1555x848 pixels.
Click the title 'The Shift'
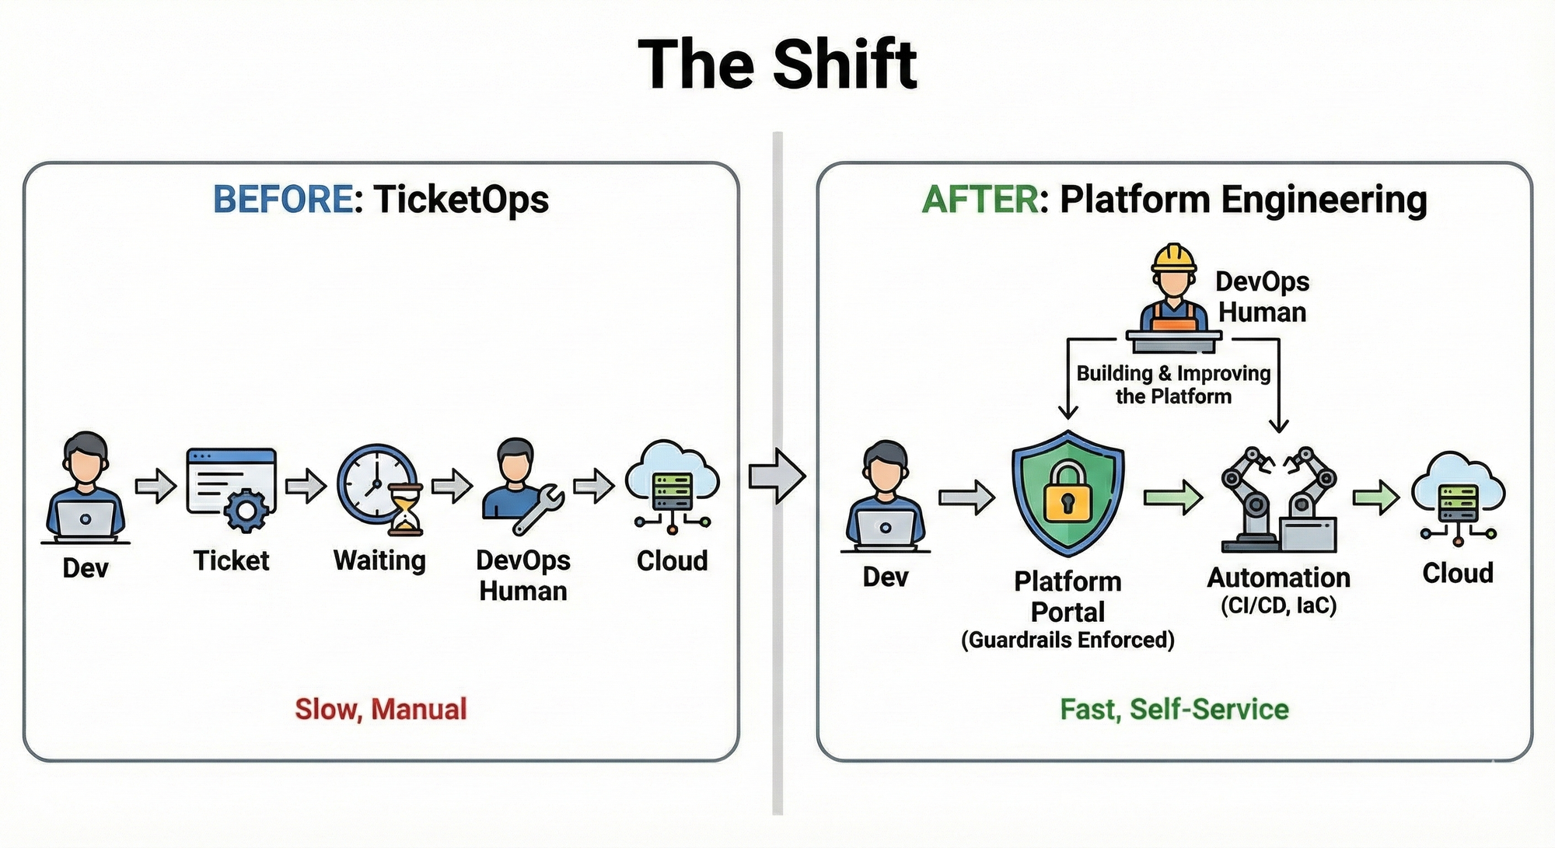pos(777,64)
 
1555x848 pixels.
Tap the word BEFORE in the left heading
pos(283,199)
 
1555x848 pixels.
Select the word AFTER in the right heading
pos(980,200)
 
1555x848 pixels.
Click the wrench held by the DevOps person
pos(538,509)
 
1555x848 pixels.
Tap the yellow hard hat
pos(1174,257)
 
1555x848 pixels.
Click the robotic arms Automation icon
pos(1279,499)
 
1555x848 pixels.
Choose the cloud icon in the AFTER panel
pos(1458,498)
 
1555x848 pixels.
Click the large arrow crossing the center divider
pos(777,476)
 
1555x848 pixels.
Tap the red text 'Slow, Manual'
pos(381,709)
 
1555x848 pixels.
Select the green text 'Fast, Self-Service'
pos(1174,709)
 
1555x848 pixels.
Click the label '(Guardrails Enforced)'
pos(1068,640)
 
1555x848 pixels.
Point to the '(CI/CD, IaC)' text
pos(1278,605)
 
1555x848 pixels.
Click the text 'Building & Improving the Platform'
pos(1173,385)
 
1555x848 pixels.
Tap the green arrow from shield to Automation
pos(1172,497)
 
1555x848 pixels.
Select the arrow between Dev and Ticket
pos(155,487)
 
